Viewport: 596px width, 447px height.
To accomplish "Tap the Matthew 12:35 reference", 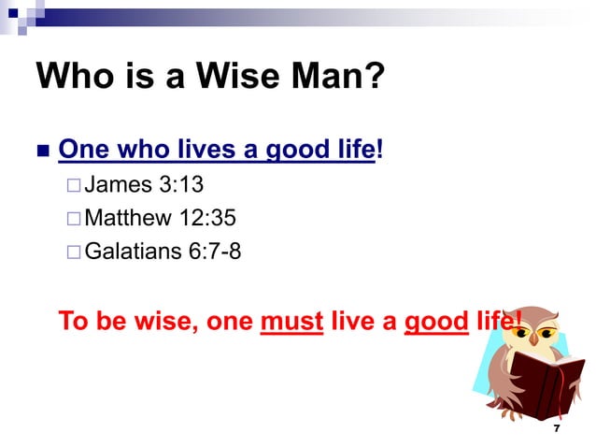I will pos(160,218).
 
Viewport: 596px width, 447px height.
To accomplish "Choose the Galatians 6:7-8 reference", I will pos(163,251).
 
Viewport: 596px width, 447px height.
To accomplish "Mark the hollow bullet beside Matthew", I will pos(74,219).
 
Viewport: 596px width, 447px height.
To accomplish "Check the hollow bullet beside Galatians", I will pos(74,252).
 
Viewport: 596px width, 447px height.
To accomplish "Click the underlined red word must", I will pos(291,322).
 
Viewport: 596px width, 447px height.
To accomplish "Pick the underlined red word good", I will pos(435,322).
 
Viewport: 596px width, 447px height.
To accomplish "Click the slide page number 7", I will pos(557,427).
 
